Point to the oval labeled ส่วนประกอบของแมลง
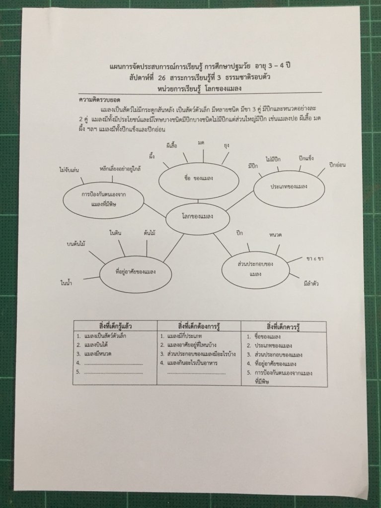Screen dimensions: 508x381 pyautogui.click(x=255, y=268)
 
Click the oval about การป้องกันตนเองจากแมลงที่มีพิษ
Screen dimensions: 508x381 pyautogui.click(x=104, y=199)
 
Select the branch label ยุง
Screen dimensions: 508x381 pyautogui.click(x=227, y=146)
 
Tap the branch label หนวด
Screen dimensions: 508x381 pyautogui.click(x=275, y=234)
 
